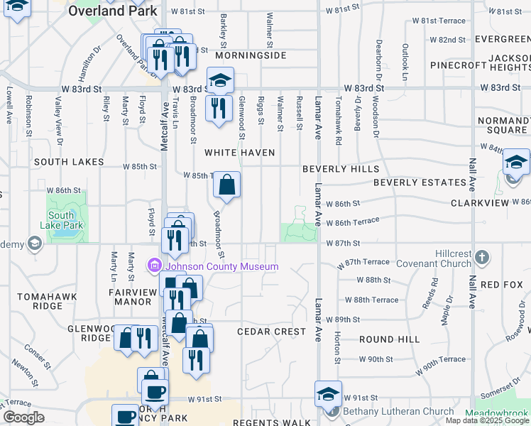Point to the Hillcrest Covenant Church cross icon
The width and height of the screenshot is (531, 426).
[481, 256]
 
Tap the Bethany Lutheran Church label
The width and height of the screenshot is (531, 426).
[398, 411]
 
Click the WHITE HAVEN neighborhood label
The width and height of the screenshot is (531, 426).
[239, 153]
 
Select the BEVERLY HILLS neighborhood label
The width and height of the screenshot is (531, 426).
[340, 169]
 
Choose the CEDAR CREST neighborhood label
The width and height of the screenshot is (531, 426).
[271, 332]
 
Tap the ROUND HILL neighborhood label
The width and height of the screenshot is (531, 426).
[389, 339]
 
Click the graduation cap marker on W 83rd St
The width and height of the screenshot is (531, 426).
[220, 80]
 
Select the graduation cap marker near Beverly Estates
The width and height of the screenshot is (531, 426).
[516, 163]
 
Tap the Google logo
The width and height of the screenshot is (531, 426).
[23, 417]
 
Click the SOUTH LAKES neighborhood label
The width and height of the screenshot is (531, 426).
[68, 162]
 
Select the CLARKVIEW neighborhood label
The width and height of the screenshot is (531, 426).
[480, 203]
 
